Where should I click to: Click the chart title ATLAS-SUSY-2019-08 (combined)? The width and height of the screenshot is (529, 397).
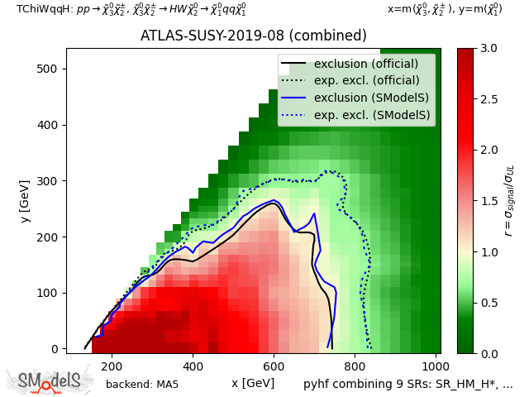[253, 36]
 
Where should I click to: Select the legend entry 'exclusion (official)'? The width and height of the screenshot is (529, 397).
[366, 64]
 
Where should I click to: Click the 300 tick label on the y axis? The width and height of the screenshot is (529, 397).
[50, 181]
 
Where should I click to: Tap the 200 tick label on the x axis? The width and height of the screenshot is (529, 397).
[112, 366]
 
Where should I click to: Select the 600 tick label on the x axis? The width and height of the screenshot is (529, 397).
[274, 366]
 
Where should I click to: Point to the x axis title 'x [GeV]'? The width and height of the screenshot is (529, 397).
[253, 383]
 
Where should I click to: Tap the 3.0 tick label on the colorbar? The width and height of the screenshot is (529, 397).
[488, 49]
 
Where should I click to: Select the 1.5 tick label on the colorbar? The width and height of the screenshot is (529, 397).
[488, 201]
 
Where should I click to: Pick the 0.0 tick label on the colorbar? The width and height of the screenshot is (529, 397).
[488, 353]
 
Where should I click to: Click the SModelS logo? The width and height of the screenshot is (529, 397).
[50, 380]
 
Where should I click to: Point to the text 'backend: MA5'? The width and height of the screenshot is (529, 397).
[142, 385]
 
